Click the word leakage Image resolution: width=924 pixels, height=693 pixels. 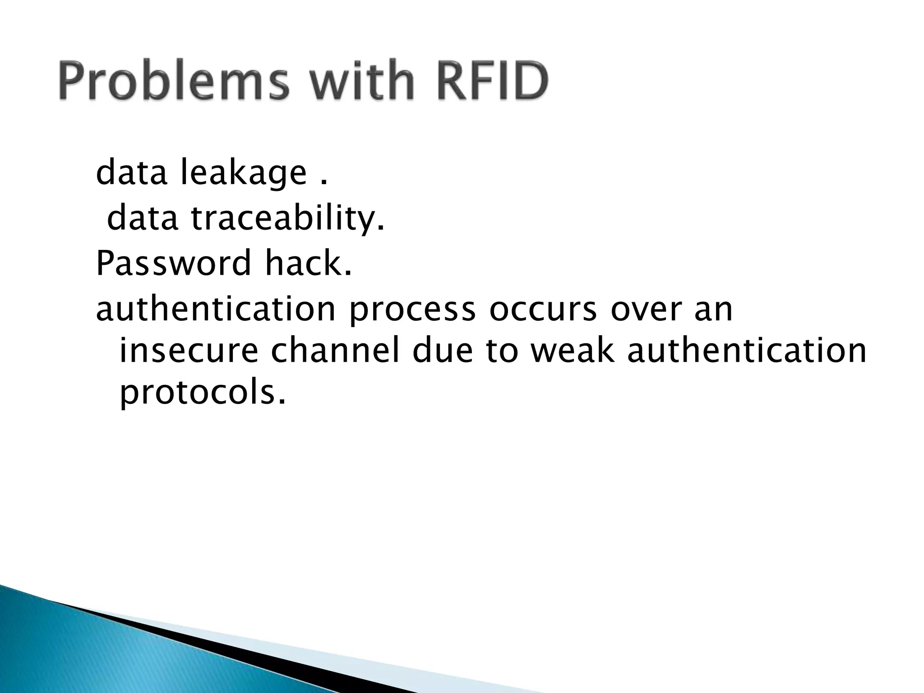click(244, 174)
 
